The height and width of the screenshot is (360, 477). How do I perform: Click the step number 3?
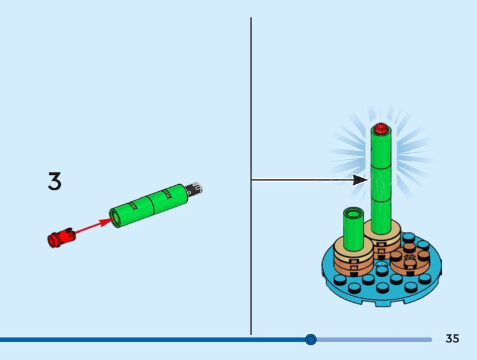tap(54, 182)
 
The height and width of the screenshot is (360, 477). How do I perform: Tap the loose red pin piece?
tap(61, 238)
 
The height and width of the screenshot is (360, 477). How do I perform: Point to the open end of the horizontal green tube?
tap(116, 218)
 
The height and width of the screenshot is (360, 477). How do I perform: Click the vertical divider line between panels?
tap(251, 119)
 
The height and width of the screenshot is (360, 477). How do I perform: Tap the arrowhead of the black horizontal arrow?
tap(360, 179)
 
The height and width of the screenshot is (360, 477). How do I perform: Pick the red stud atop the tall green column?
tap(380, 127)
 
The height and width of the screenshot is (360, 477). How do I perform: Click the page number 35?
tap(452, 339)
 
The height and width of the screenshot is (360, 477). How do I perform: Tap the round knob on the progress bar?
tap(311, 340)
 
